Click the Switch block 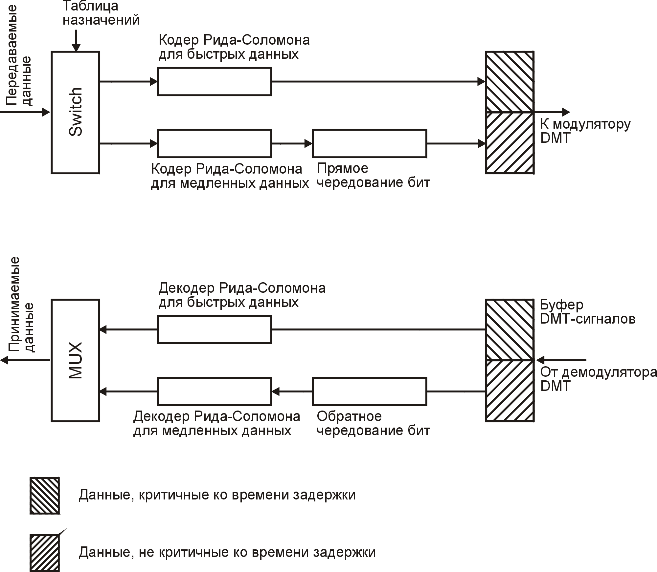(x=75, y=112)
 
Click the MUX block (x=75, y=360)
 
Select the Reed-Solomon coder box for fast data (x=214, y=81)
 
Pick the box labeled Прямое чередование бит (x=369, y=143)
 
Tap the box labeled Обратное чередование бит (x=369, y=391)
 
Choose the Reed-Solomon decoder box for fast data (x=214, y=329)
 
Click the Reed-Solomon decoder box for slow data (x=214, y=391)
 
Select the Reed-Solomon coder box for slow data (x=214, y=143)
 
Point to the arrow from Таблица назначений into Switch (x=76, y=41)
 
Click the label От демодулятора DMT (x=598, y=379)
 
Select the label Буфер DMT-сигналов (x=587, y=312)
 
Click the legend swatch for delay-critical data (x=45, y=496)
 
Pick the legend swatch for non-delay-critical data (x=45, y=553)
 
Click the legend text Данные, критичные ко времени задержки (x=217, y=495)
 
